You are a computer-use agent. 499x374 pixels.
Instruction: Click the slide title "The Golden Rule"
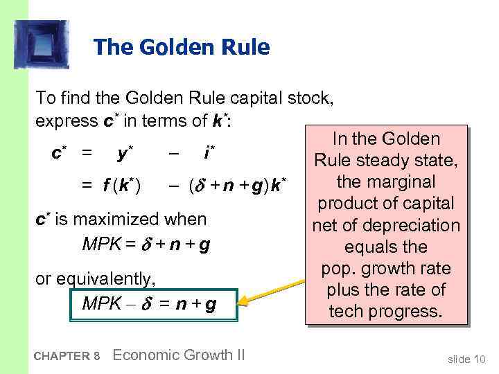pos(181,47)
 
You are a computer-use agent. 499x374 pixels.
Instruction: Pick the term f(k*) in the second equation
pos(125,186)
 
